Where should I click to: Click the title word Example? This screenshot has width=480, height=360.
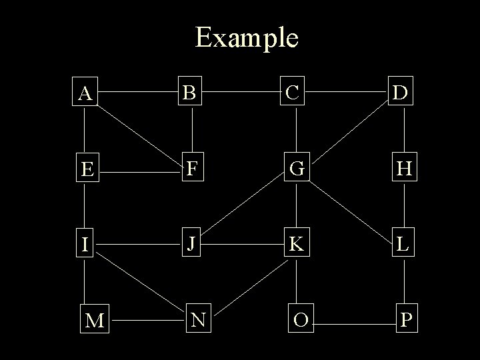pyautogui.click(x=247, y=37)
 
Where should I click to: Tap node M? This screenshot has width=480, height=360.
pyautogui.click(x=95, y=321)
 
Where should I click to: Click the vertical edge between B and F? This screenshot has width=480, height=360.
pyautogui.click(x=193, y=129)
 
